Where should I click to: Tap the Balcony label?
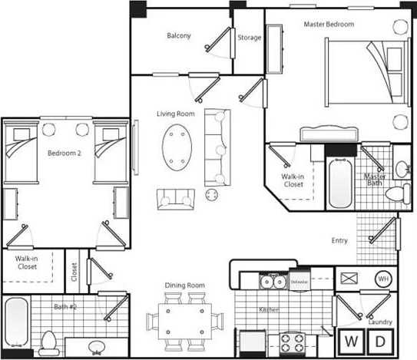(178, 35)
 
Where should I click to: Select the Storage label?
(249, 37)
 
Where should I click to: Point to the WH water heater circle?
(382, 279)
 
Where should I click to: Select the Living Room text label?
(175, 114)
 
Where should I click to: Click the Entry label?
(339, 240)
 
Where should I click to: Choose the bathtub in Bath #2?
(16, 322)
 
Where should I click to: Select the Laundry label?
(379, 322)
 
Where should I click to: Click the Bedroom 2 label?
(64, 153)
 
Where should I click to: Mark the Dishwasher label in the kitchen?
(299, 282)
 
